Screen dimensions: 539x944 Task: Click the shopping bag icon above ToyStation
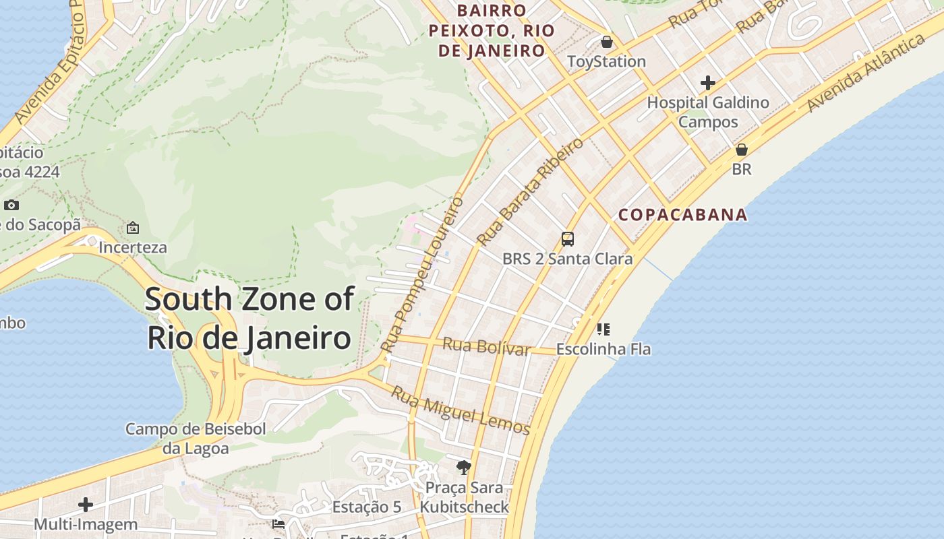(x=607, y=42)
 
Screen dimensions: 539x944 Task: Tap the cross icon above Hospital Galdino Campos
(x=707, y=83)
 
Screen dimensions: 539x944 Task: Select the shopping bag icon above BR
(x=741, y=150)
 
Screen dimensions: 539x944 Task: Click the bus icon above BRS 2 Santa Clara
(x=568, y=239)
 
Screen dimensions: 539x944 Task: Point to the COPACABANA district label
(x=682, y=215)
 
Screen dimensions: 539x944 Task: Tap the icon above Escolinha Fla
(x=603, y=329)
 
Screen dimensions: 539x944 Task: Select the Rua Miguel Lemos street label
(x=461, y=410)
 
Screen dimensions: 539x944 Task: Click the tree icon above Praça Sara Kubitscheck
(x=463, y=467)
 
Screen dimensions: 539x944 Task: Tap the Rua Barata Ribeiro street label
(x=529, y=191)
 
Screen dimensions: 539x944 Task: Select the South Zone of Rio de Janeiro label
(x=249, y=318)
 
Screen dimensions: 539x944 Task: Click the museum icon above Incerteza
(x=133, y=228)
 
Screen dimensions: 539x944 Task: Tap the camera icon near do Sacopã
(x=11, y=205)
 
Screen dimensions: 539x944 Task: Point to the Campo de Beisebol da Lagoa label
(x=196, y=439)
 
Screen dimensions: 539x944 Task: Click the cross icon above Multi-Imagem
(x=86, y=505)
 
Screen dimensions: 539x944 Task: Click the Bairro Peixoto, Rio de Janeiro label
(x=492, y=30)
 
